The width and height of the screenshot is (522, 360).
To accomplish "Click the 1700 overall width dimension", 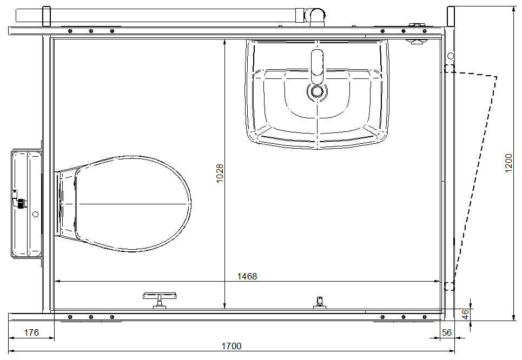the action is pyautogui.click(x=232, y=346).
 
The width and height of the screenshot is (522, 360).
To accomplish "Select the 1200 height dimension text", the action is pyautogui.click(x=508, y=163).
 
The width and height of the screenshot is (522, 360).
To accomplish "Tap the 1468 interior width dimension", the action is pyautogui.click(x=247, y=277).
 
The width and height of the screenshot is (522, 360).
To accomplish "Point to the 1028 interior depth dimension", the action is pyautogui.click(x=220, y=173).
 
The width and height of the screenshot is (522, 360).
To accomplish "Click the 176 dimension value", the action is pyautogui.click(x=31, y=332).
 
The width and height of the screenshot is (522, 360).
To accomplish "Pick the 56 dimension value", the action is pyautogui.click(x=447, y=332).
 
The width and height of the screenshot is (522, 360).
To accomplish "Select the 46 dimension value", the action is pyautogui.click(x=466, y=314).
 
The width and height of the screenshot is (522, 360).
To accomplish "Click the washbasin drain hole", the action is pyautogui.click(x=317, y=90).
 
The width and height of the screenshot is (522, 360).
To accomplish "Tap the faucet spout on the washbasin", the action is pyautogui.click(x=317, y=66).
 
